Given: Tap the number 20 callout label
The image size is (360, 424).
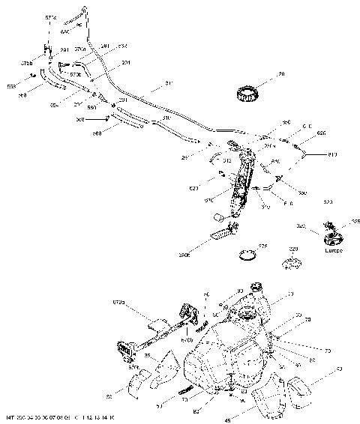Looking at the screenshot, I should [x=261, y=75].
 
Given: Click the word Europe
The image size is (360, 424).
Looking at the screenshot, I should [x=334, y=253].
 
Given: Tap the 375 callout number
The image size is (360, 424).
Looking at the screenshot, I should [x=262, y=245].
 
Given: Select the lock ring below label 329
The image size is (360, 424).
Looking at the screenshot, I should [x=291, y=264].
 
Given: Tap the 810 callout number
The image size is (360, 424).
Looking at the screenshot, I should [x=332, y=155].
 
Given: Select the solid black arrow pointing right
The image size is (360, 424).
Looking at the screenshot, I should [x=103, y=118].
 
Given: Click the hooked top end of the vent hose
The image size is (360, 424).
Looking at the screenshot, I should [x=84, y=10].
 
